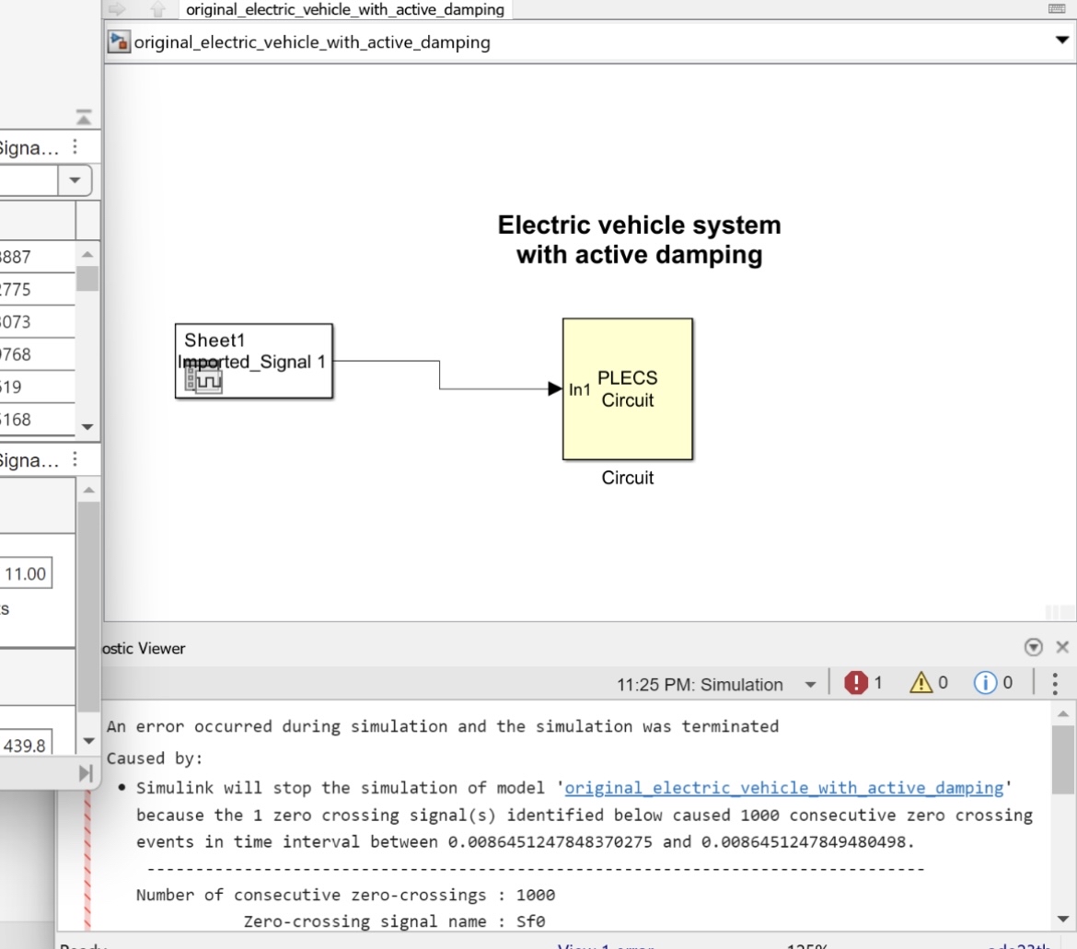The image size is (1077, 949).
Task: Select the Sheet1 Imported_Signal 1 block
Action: [x=254, y=360]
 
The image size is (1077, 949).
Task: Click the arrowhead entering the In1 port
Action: [x=554, y=389]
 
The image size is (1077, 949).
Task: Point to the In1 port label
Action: [x=580, y=390]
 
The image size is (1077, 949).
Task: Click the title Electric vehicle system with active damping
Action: [x=639, y=239]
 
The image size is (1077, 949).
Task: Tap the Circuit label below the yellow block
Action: [x=628, y=478]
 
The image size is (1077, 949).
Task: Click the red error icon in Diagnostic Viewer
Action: [x=856, y=683]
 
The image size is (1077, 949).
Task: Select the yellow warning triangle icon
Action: [x=921, y=683]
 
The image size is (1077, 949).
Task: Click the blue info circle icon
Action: [x=985, y=683]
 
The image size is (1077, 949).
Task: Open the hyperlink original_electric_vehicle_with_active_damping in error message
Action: [x=783, y=788]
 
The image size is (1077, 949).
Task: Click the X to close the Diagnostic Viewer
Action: [x=1062, y=647]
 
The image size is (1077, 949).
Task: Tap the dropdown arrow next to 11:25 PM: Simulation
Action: [x=810, y=685]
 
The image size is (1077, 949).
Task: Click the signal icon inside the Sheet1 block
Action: [x=203, y=377]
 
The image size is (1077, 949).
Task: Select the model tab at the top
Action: [x=345, y=10]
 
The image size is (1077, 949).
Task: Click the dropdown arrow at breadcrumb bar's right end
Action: [x=1061, y=41]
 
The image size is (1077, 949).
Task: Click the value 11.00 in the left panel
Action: [x=25, y=574]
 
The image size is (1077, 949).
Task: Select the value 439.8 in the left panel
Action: [x=25, y=746]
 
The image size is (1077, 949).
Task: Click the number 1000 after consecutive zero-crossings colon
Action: [x=536, y=895]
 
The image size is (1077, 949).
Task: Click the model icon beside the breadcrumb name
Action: [x=119, y=42]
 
